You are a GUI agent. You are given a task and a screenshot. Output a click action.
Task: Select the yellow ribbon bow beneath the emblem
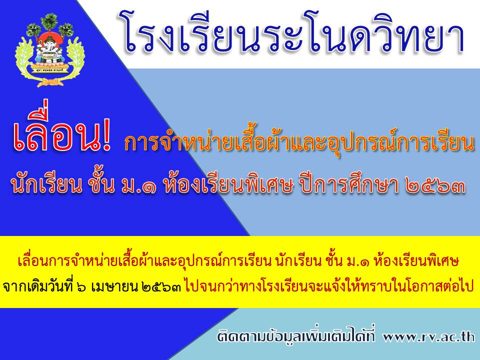48,82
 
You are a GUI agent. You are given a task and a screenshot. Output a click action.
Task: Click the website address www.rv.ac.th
428,336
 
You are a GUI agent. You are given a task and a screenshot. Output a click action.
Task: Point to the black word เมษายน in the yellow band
113,287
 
